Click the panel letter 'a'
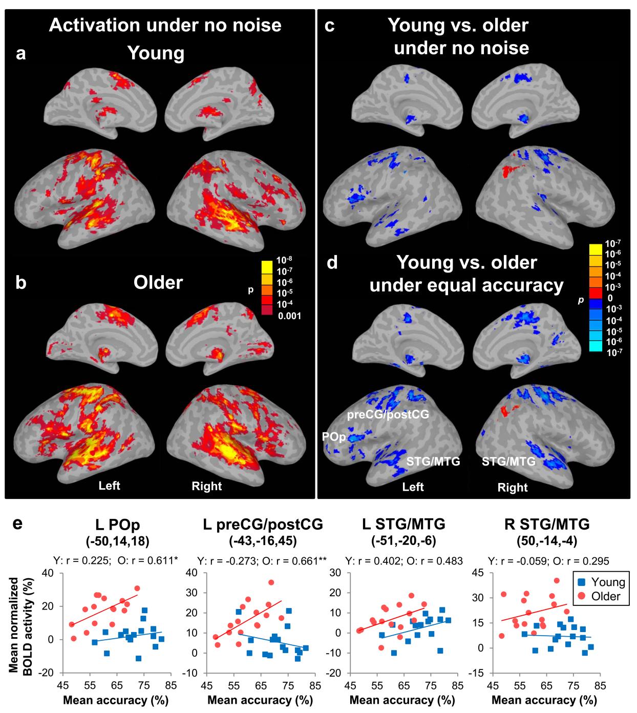(x=20, y=54)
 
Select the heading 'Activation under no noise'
(x=165, y=25)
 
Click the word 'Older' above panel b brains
(x=158, y=282)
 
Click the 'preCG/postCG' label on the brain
(x=388, y=413)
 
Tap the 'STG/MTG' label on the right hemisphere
(x=508, y=462)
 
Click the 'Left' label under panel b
(x=110, y=485)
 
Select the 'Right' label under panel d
(x=512, y=487)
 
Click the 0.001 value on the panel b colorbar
(x=289, y=316)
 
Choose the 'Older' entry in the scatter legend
(x=606, y=596)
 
